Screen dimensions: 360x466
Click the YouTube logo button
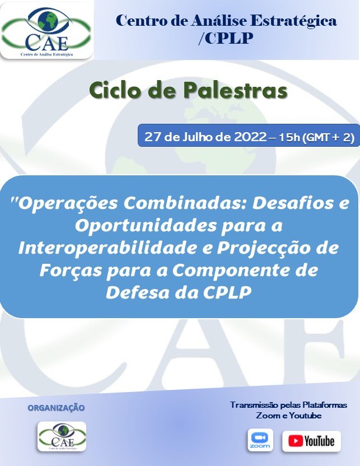click(x=312, y=441)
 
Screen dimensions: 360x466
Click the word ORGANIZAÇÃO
click(x=56, y=408)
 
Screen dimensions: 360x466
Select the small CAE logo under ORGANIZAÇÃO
click(x=62, y=436)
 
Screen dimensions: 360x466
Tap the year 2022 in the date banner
click(x=250, y=137)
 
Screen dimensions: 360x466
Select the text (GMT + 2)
click(x=328, y=137)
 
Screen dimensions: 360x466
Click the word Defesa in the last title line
click(x=138, y=293)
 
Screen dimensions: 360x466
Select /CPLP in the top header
click(x=226, y=38)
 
